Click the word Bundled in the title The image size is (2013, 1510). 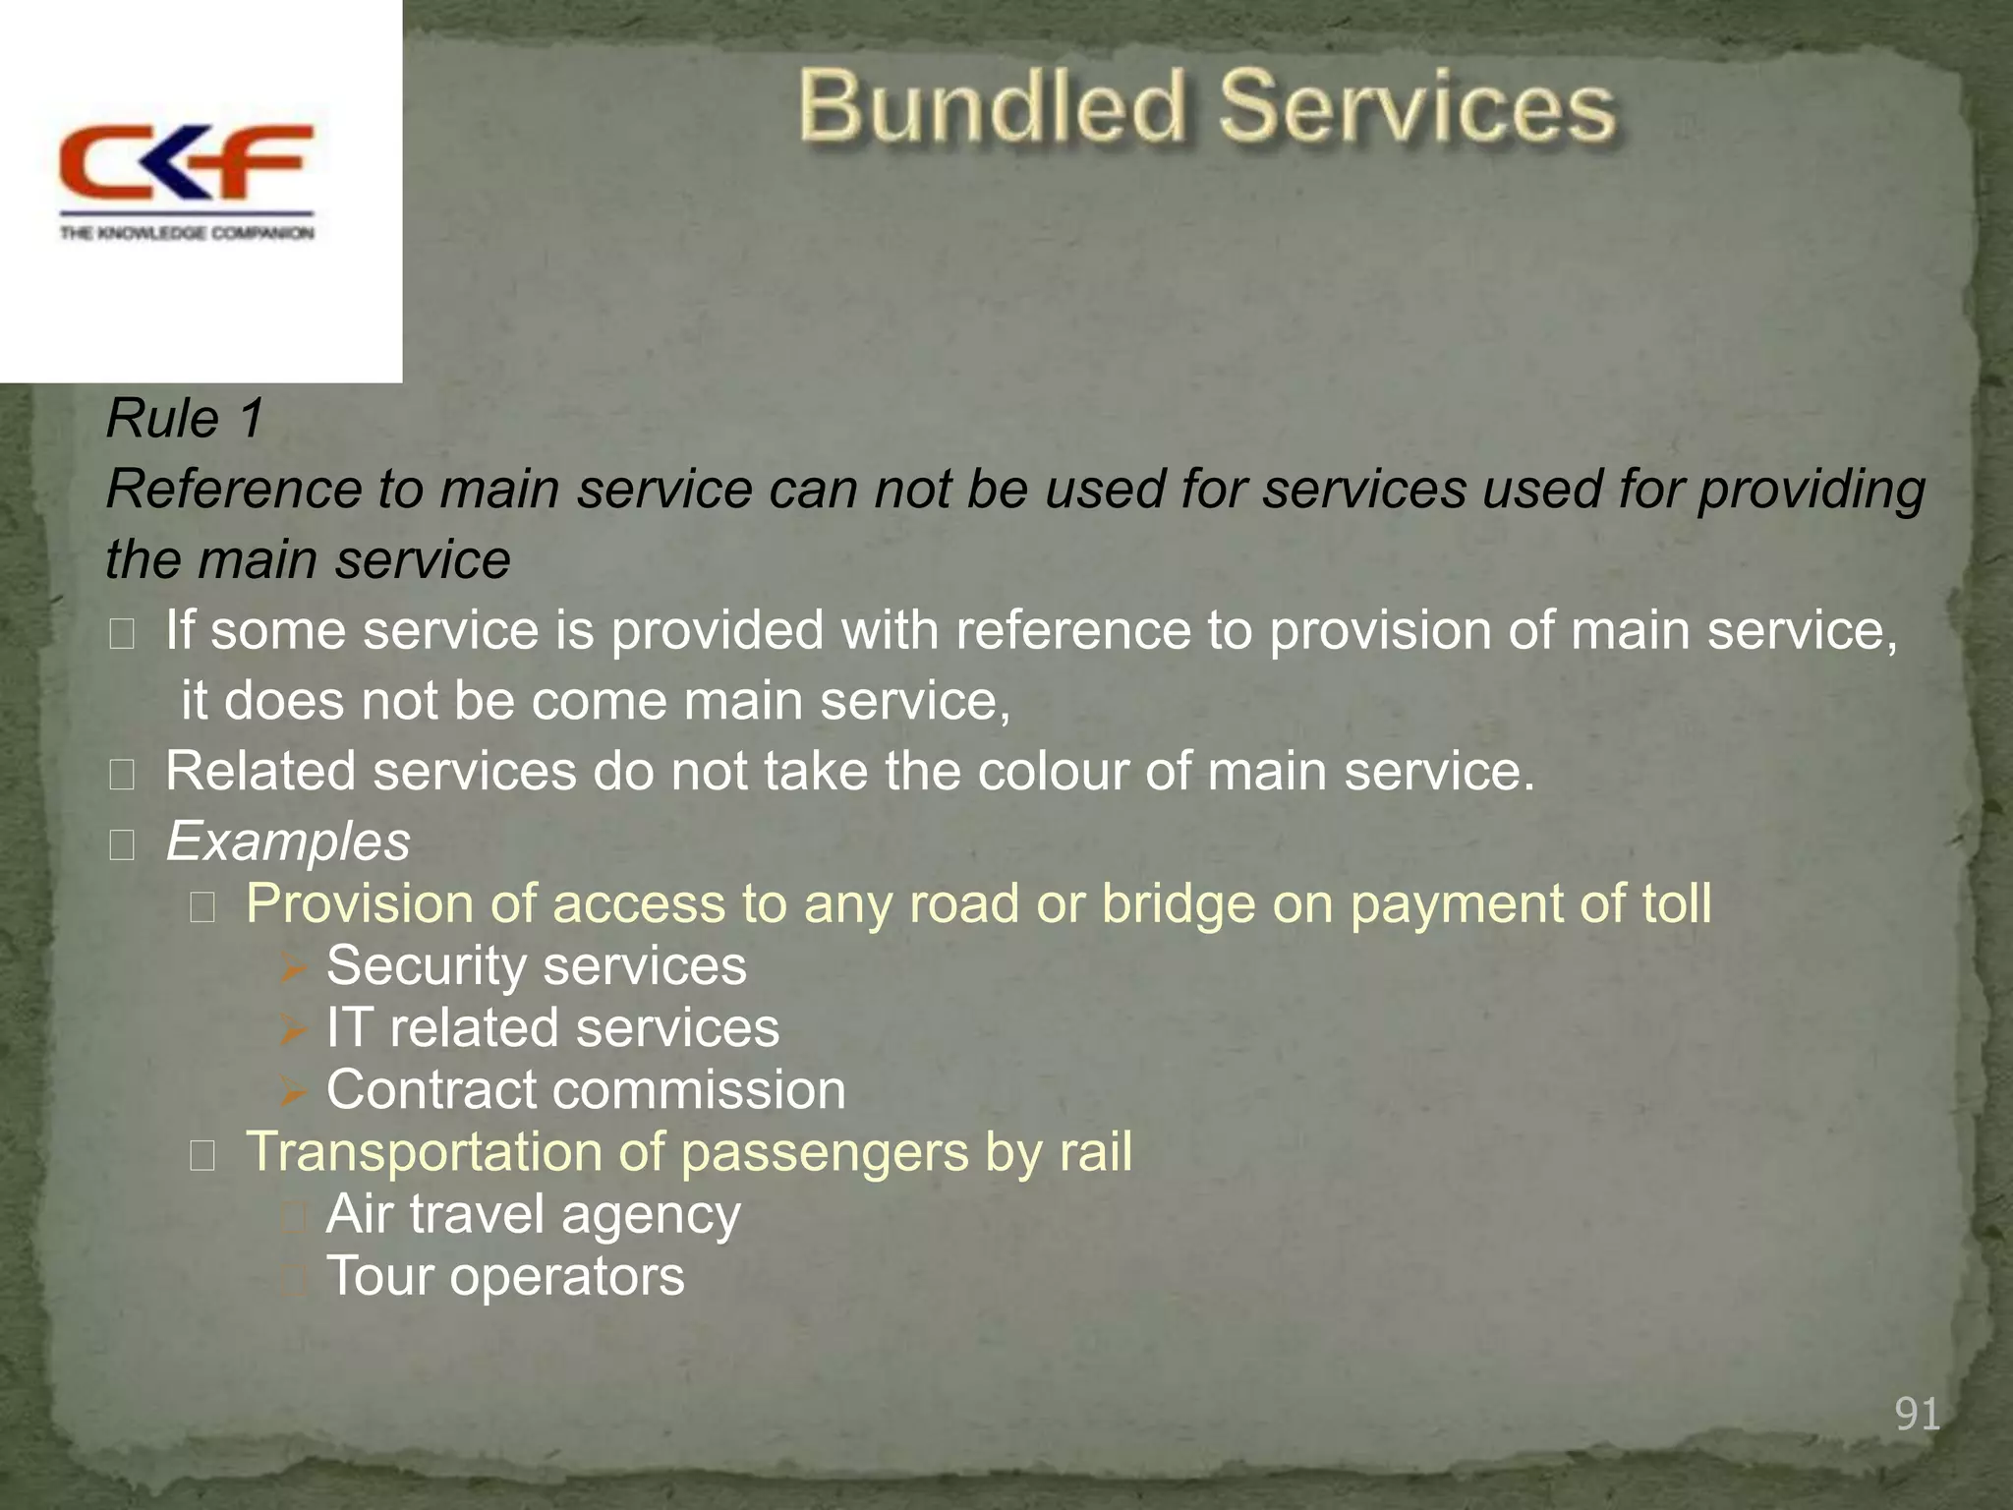tap(993, 107)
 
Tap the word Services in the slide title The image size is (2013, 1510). tap(1416, 107)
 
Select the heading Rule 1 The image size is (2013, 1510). tap(185, 419)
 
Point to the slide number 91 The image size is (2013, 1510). tap(1917, 1414)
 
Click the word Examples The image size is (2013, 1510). tap(288, 842)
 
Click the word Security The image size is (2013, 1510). tap(426, 965)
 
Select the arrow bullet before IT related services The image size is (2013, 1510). tap(293, 1029)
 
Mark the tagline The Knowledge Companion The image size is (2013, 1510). tap(187, 233)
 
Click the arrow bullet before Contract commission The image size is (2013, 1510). tap(293, 1091)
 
